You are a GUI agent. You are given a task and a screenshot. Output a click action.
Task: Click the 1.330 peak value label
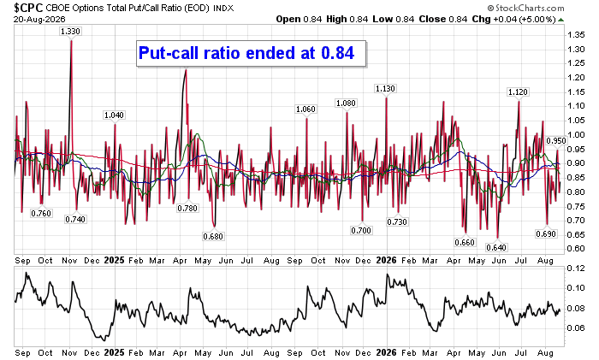[70, 32]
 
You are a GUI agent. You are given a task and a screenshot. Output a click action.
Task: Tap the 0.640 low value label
[496, 247]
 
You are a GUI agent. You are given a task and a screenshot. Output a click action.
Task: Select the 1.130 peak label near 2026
[385, 89]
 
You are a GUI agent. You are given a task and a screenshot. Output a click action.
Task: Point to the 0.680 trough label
[213, 236]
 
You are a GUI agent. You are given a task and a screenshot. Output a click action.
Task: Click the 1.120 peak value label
[518, 92]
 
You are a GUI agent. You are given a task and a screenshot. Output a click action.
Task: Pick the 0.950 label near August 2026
[556, 141]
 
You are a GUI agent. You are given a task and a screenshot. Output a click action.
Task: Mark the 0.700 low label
[361, 230]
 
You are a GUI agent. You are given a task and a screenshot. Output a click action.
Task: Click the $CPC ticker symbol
[28, 7]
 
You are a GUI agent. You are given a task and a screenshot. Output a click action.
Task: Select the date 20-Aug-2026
[39, 19]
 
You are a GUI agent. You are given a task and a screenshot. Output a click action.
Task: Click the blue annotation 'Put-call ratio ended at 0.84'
[246, 53]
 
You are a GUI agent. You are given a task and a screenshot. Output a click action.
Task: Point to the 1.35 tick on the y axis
[576, 35]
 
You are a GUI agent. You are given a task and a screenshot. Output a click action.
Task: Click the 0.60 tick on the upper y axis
[576, 249]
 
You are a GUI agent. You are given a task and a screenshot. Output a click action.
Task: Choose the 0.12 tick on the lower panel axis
[576, 269]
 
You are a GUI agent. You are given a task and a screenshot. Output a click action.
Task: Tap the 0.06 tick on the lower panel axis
[576, 328]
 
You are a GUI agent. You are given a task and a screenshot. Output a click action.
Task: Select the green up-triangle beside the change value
[560, 20]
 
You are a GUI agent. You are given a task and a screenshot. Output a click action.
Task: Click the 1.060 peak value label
[305, 109]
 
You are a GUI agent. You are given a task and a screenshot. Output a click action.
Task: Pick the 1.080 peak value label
[346, 103]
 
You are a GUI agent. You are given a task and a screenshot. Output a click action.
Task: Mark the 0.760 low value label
[41, 213]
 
